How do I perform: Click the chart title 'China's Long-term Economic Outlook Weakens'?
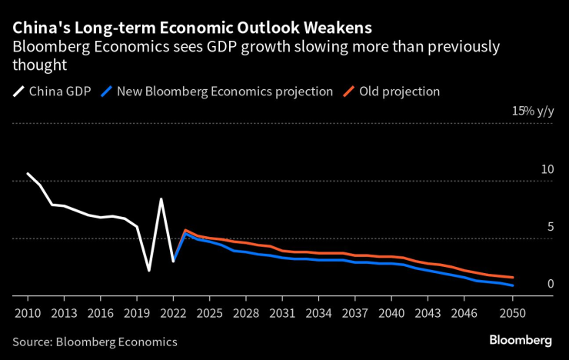tap(192, 27)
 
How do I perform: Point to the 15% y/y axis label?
tap(533, 112)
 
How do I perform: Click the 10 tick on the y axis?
tap(547, 169)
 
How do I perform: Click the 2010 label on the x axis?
tap(28, 313)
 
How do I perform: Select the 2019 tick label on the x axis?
tap(137, 313)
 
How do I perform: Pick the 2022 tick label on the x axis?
tap(173, 313)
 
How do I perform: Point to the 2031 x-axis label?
tap(282, 313)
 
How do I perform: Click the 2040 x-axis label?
tap(391, 313)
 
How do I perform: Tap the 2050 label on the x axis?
tap(513, 313)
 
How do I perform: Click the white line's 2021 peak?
tap(161, 199)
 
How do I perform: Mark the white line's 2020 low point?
tap(149, 271)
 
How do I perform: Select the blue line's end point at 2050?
tap(513, 285)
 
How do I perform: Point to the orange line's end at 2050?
tap(513, 278)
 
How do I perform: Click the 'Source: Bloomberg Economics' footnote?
tap(95, 342)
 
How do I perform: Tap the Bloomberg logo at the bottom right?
tap(521, 340)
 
